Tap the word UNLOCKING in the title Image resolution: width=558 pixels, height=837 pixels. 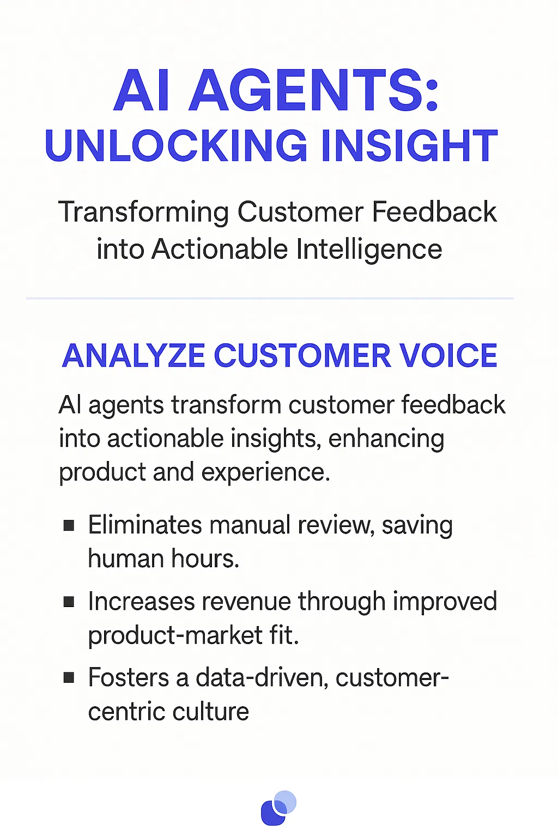(x=176, y=146)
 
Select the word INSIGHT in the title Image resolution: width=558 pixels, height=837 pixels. (x=409, y=146)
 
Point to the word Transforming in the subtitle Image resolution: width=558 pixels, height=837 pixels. (x=143, y=213)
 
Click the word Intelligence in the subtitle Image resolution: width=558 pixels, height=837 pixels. (x=369, y=250)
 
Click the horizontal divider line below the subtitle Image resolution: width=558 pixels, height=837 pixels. (x=270, y=299)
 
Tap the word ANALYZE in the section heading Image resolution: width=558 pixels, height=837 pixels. (x=134, y=356)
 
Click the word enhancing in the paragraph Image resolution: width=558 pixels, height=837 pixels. (x=386, y=439)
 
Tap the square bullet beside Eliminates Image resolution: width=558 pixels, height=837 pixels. (x=69, y=525)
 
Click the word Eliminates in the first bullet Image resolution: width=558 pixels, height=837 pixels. (x=145, y=525)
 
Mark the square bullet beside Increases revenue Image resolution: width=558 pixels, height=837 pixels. (x=69, y=602)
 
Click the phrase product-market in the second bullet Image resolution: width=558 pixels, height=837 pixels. (x=175, y=635)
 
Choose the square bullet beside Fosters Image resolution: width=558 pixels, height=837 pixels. (x=69, y=678)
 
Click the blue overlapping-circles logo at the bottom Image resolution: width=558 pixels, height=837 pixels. (x=278, y=808)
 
